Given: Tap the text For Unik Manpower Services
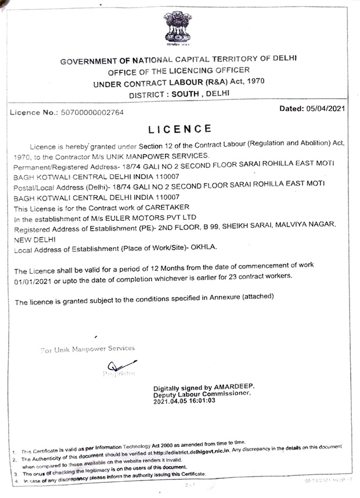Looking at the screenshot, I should coord(87,349).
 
